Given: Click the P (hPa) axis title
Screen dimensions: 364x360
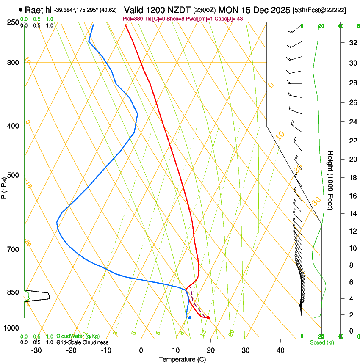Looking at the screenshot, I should (4, 186).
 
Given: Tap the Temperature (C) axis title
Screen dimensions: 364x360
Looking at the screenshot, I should (182, 359).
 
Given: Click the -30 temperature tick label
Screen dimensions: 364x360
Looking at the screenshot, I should (36, 350).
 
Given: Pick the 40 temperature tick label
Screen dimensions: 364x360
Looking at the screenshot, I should (280, 350).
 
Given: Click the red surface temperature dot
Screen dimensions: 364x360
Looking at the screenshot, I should (208, 317).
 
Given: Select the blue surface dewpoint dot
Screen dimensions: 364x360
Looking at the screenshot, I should (190, 317).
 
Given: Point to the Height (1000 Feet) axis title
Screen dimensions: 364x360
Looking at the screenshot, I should (330, 180).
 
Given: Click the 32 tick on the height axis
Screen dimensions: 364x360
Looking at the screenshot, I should (352, 43).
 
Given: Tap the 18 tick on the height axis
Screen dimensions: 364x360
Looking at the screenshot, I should (352, 177).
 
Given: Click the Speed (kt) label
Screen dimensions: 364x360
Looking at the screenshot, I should (321, 342).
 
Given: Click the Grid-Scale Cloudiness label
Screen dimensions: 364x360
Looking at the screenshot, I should (82, 342).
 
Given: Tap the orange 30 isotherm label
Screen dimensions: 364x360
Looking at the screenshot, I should (316, 201).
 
